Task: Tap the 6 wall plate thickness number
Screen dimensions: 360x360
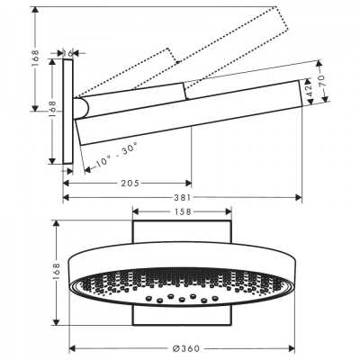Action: coord(70,54)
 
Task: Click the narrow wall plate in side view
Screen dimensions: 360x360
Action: coord(67,117)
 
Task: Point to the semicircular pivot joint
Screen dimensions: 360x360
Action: coord(83,110)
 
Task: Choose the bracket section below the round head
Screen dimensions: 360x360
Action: coord(182,316)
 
